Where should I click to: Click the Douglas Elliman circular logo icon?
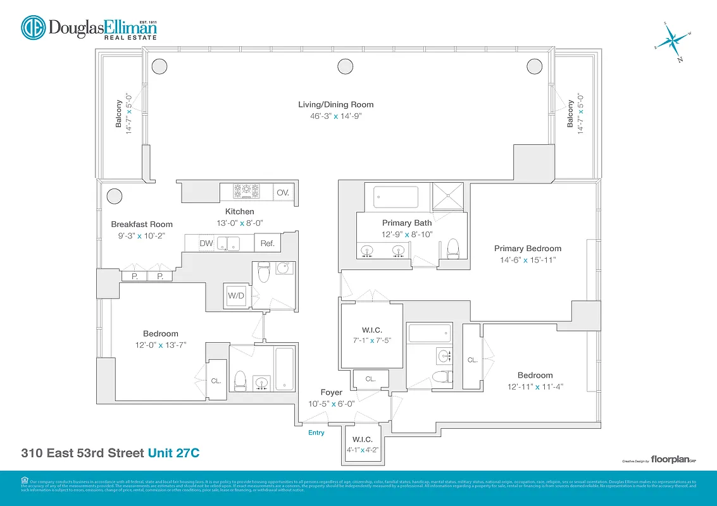(x=34, y=28)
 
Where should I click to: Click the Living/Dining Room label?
(x=335, y=104)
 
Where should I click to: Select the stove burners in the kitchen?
(x=246, y=191)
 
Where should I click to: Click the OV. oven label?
(x=282, y=192)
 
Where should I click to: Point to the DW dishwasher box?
(x=206, y=243)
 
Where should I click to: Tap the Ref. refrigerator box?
(x=266, y=243)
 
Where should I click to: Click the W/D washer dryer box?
(x=236, y=295)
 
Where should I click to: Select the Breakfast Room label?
(x=142, y=224)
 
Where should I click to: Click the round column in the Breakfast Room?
(x=114, y=196)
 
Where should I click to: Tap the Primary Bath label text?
(x=406, y=223)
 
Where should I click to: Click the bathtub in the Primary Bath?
(x=395, y=197)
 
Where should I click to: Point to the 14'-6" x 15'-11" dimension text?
(x=527, y=260)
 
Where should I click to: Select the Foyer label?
(x=331, y=392)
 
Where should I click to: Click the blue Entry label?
(x=316, y=433)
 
